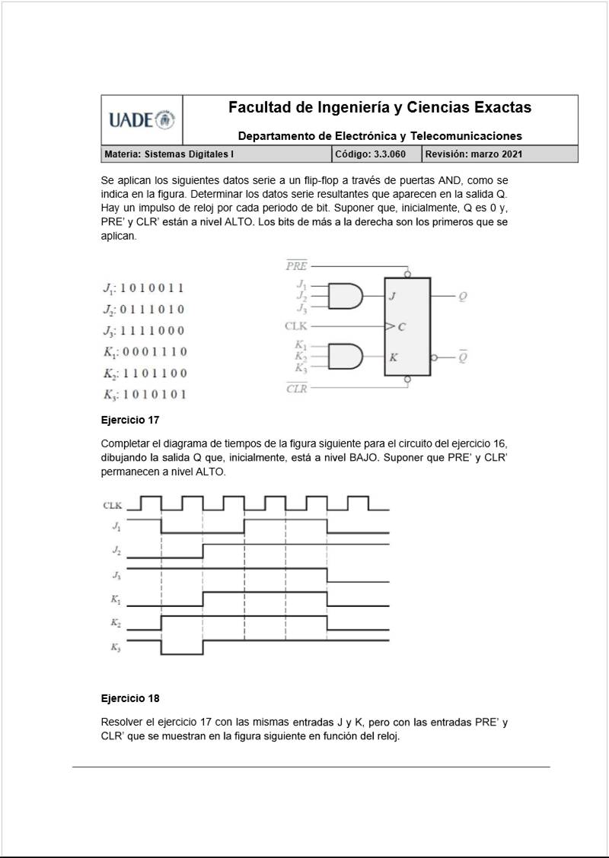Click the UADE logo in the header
pyautogui.click(x=142, y=120)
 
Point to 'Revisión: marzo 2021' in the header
pyautogui.click(x=473, y=154)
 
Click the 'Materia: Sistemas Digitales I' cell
pyautogui.click(x=169, y=154)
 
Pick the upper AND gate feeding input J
pyautogui.click(x=346, y=296)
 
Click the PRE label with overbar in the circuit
pyautogui.click(x=296, y=266)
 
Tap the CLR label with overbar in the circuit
pyautogui.click(x=296, y=389)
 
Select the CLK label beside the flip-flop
pyautogui.click(x=295, y=326)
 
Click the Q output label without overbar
pyautogui.click(x=463, y=297)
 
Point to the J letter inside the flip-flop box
pyautogui.click(x=393, y=297)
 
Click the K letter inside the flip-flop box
pyautogui.click(x=393, y=357)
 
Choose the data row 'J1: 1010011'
pyautogui.click(x=143, y=289)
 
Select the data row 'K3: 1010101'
pyautogui.click(x=145, y=395)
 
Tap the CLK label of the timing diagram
pyautogui.click(x=112, y=505)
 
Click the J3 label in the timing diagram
pyautogui.click(x=115, y=575)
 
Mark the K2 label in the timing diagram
pyautogui.click(x=115, y=623)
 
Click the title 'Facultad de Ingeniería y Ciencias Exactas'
pyautogui.click(x=380, y=108)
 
